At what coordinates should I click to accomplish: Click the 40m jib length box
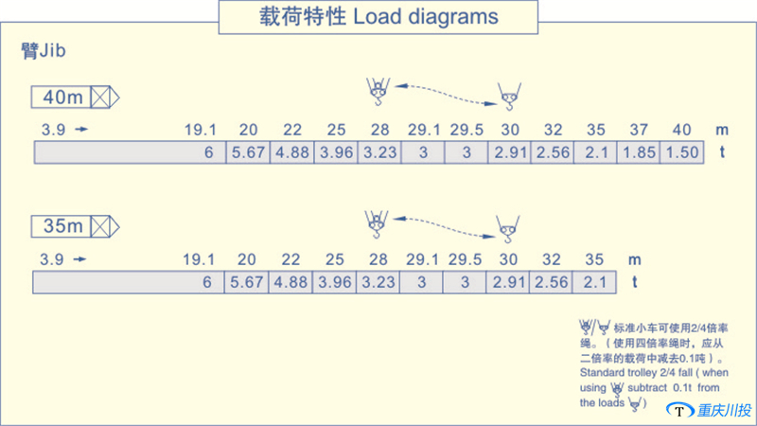pyautogui.click(x=64, y=98)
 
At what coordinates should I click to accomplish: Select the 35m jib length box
pyautogui.click(x=64, y=226)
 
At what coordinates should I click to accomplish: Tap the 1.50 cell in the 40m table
pyautogui.click(x=681, y=151)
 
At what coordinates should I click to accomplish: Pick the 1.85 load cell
pyautogui.click(x=639, y=151)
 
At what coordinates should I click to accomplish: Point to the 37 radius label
pyautogui.click(x=639, y=130)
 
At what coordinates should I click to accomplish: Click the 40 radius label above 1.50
pyautogui.click(x=681, y=130)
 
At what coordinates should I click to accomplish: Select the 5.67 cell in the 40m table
pyautogui.click(x=248, y=151)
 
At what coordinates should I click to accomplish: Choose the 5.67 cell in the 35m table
pyautogui.click(x=248, y=281)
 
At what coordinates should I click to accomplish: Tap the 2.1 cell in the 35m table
pyautogui.click(x=594, y=281)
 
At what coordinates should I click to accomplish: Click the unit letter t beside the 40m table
pyautogui.click(x=724, y=151)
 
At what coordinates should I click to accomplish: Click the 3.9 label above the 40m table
pyautogui.click(x=53, y=130)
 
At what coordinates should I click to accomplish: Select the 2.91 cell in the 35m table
pyautogui.click(x=509, y=281)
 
